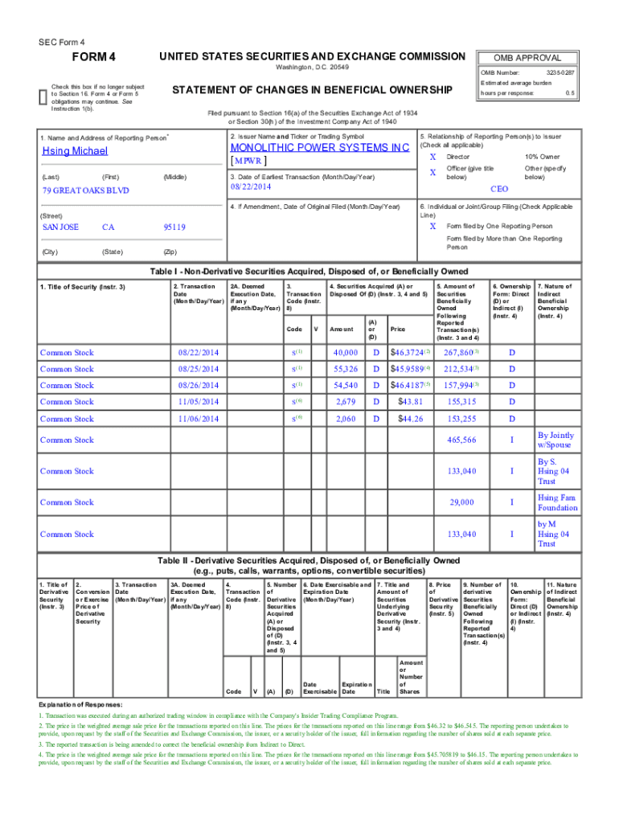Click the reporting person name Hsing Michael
(x=75, y=151)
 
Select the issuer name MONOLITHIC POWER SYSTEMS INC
(x=320, y=148)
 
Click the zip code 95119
(x=174, y=227)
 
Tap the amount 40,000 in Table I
(x=345, y=353)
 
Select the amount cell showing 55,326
(x=345, y=369)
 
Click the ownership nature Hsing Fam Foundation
(x=557, y=502)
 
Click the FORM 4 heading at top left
(x=94, y=58)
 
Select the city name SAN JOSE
(x=60, y=227)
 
